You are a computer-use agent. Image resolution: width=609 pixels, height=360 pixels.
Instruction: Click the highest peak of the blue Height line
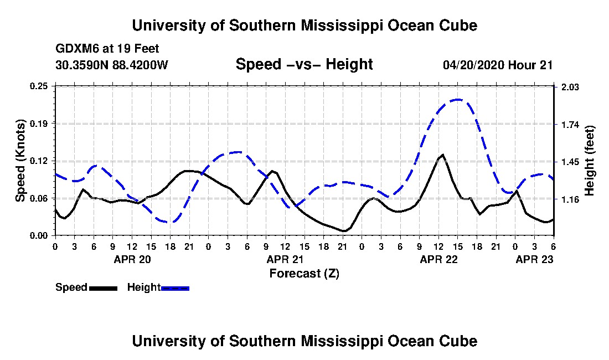tap(458, 100)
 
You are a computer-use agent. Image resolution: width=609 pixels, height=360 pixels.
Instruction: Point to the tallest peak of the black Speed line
tap(443, 155)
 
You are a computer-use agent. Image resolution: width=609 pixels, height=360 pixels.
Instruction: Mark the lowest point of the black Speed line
tap(344, 231)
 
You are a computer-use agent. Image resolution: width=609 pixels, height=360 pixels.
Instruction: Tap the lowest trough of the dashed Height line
tap(169, 222)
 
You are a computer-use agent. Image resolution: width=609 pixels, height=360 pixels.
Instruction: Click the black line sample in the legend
tap(103, 288)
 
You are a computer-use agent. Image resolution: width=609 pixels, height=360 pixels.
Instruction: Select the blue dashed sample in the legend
tap(175, 288)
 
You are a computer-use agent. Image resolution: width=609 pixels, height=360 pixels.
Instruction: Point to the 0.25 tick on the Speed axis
tap(39, 86)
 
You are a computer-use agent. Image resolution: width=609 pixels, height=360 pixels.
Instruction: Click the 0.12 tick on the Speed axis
tap(39, 161)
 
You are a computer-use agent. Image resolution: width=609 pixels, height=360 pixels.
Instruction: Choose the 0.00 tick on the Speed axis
tap(39, 236)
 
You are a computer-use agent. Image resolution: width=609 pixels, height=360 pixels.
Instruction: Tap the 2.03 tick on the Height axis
tap(570, 87)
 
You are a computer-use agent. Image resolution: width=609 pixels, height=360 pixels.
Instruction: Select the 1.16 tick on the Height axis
tap(570, 199)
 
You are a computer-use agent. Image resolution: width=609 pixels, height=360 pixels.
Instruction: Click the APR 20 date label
tap(132, 259)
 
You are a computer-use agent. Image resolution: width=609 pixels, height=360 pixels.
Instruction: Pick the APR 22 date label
tap(439, 259)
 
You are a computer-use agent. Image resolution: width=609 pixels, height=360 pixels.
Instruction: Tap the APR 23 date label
tap(534, 259)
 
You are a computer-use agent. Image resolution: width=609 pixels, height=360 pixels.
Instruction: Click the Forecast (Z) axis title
tap(304, 274)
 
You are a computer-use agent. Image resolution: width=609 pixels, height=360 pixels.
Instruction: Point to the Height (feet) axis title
tap(589, 161)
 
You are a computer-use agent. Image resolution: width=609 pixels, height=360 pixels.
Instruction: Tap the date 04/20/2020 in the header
tap(473, 65)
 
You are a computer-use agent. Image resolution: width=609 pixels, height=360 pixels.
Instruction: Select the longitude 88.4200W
tap(140, 65)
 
